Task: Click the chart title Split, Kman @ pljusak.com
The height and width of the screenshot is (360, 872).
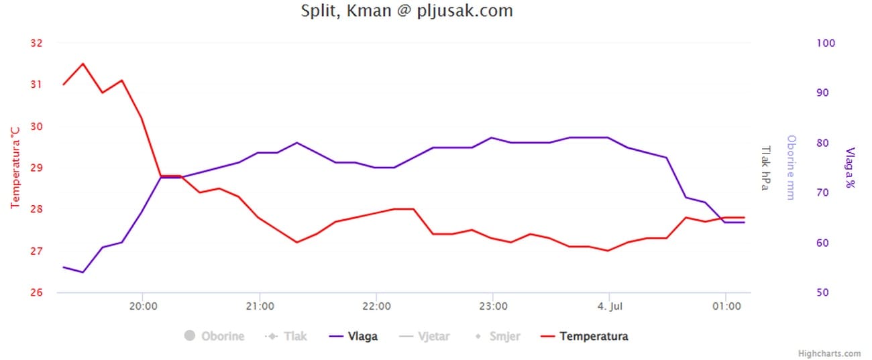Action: point(407,11)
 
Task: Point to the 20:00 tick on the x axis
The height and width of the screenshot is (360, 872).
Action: point(142,306)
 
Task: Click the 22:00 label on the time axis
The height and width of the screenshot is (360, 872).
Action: point(376,306)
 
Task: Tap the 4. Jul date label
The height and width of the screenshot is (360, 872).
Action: point(609,306)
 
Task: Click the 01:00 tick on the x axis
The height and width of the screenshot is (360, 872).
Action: point(726,306)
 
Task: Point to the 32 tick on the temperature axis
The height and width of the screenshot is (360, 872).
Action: point(36,43)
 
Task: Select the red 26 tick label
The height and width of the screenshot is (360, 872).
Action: point(36,292)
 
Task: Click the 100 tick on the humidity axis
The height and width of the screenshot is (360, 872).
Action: point(826,43)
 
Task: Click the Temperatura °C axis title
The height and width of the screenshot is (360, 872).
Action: point(15,168)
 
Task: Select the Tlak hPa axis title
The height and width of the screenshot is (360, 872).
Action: point(764,168)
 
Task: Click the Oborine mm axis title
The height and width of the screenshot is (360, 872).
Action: point(791,168)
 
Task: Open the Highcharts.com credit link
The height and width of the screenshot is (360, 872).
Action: point(829,353)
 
